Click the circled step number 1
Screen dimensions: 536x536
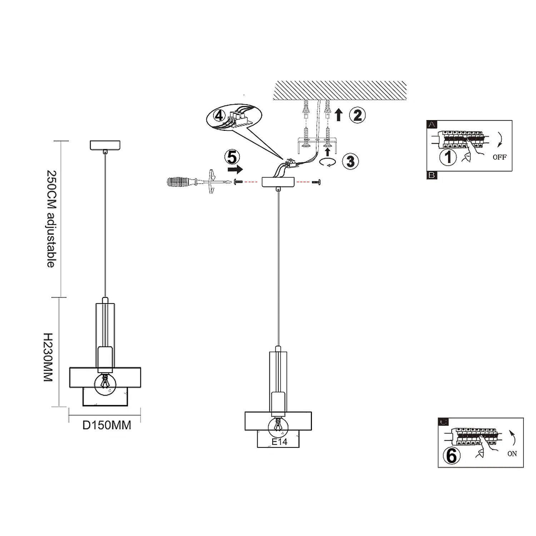click(x=448, y=157)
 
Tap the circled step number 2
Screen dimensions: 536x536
click(x=357, y=115)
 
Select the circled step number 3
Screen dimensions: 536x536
click(x=351, y=161)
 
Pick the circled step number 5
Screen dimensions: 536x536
click(x=232, y=157)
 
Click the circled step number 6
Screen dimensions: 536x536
click(x=451, y=456)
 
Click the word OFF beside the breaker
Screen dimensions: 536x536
click(x=500, y=157)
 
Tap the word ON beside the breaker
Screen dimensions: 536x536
click(x=512, y=453)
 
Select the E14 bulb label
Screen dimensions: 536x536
click(x=279, y=442)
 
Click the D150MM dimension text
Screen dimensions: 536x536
click(x=107, y=425)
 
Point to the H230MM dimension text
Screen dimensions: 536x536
click(x=48, y=357)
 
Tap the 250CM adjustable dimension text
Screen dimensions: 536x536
click(x=51, y=219)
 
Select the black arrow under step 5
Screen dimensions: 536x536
click(x=235, y=169)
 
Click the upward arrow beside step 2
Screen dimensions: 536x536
click(x=339, y=115)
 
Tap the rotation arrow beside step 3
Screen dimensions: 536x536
click(x=328, y=163)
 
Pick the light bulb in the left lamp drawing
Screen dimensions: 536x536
click(x=105, y=384)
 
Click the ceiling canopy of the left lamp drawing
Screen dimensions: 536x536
click(x=105, y=145)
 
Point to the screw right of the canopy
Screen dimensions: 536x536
click(x=316, y=182)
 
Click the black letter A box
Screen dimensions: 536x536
click(x=432, y=125)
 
